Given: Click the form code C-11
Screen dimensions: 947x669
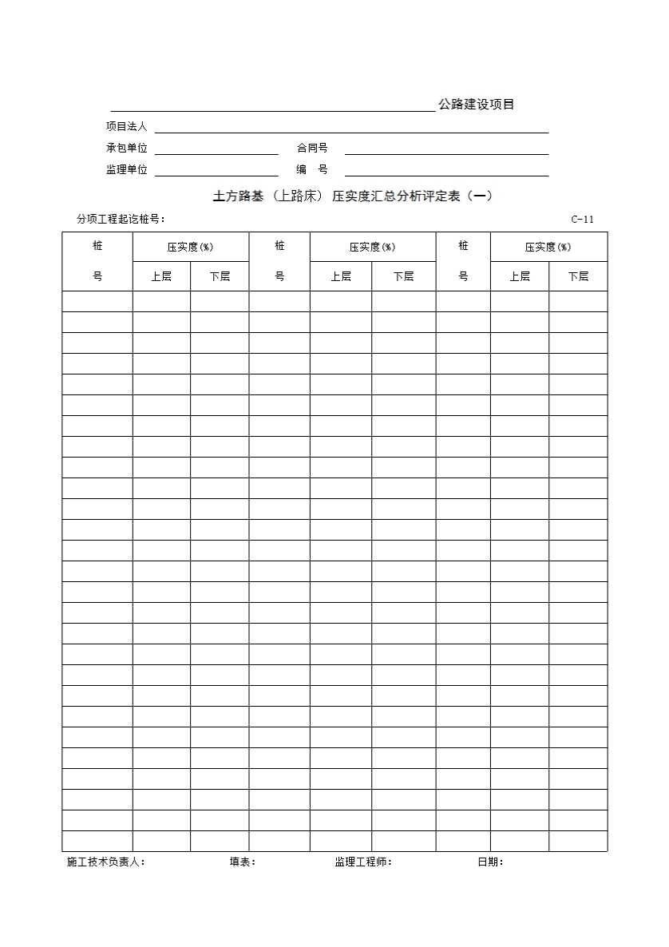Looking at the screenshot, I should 582,220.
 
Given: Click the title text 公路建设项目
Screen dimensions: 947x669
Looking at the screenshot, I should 476,105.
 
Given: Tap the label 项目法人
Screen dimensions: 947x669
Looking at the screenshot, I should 127,126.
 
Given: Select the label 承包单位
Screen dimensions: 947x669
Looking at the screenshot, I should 127,148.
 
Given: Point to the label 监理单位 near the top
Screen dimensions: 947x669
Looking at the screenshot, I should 127,169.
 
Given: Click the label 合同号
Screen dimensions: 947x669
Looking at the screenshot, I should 312,148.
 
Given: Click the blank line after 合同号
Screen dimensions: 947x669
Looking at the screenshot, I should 446,153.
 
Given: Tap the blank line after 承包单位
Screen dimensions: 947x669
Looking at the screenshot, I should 216,153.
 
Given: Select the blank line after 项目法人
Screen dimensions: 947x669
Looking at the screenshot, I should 351,132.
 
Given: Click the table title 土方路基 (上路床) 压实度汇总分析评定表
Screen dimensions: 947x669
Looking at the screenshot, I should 353,196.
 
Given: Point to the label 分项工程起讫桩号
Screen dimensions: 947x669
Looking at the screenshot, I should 121,220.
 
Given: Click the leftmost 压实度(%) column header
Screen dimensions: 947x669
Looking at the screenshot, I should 190,247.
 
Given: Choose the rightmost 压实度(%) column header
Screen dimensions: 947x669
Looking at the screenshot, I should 548,247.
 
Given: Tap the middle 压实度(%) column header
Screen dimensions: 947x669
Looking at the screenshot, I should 372,247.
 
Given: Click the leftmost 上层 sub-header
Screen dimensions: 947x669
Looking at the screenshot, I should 161,276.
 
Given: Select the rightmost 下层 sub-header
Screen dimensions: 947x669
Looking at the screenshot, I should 578,276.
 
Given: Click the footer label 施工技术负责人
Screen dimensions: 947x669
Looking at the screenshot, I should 106,862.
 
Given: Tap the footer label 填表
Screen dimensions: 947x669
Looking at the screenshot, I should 243,862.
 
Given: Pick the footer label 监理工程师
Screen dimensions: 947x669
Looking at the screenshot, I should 363,862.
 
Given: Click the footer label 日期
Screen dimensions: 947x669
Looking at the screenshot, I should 490,862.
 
